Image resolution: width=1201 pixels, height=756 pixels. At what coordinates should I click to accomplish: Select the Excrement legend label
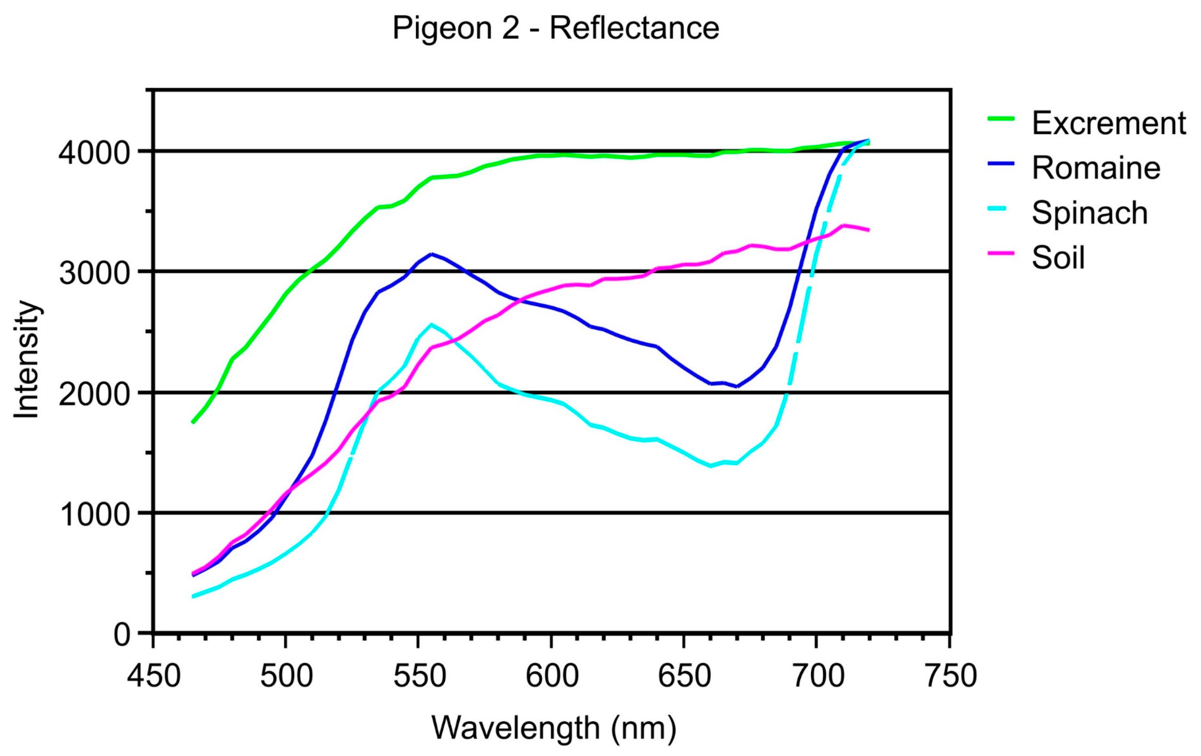[1109, 123]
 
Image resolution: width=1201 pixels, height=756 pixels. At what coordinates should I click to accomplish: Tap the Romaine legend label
[1096, 168]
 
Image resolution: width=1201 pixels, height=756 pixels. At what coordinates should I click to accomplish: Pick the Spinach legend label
[1090, 213]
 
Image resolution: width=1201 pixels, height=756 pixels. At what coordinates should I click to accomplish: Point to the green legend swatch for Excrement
[1001, 119]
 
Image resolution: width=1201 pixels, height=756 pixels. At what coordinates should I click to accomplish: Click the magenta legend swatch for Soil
[1001, 253]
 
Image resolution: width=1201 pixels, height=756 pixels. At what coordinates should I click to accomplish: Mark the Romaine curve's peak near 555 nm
[431, 254]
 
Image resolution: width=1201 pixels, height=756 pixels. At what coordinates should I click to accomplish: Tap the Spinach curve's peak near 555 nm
[431, 324]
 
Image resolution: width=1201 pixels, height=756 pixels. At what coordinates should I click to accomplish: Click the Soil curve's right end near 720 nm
[868, 230]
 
